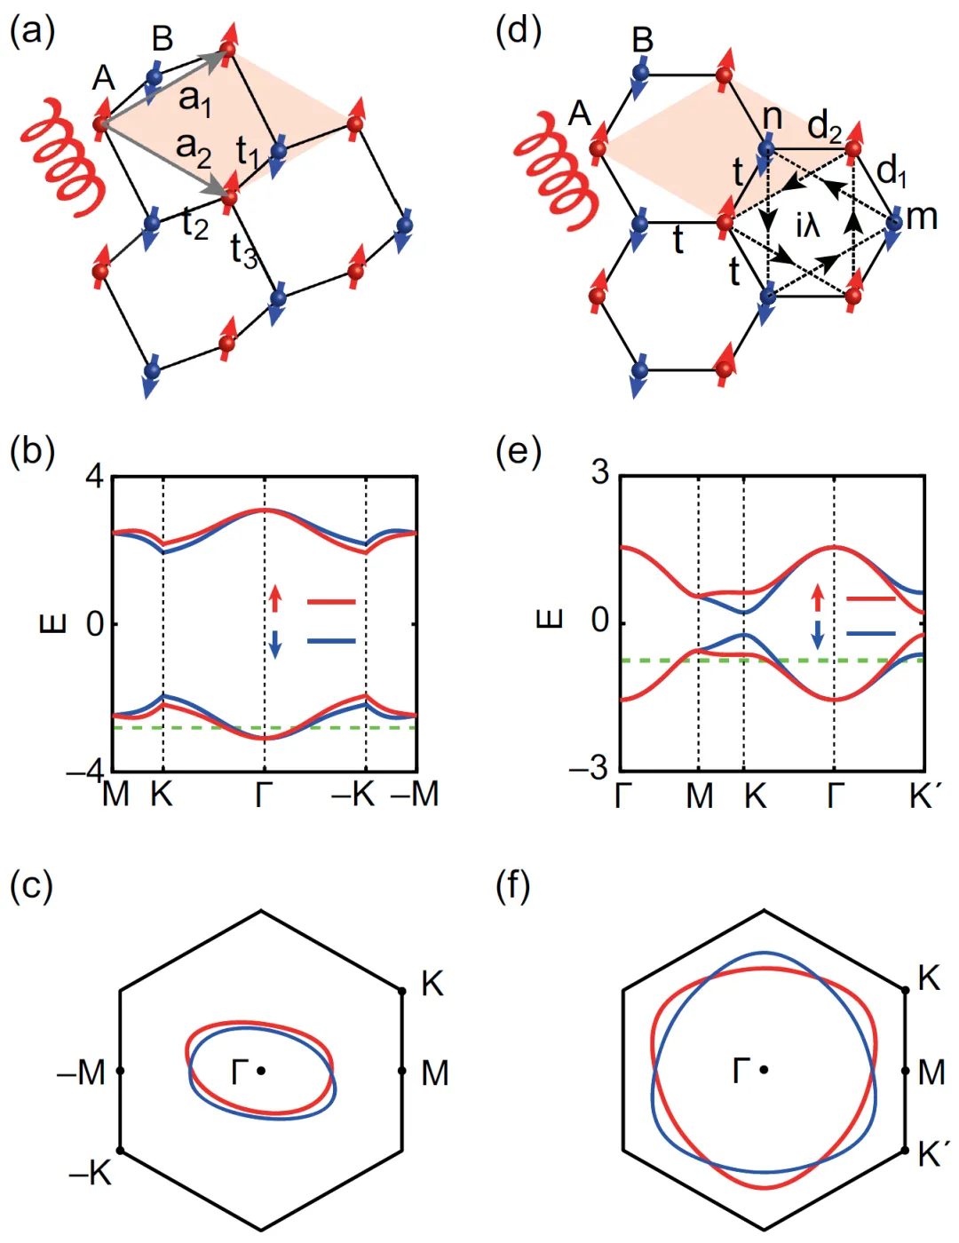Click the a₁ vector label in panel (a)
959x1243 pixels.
(194, 99)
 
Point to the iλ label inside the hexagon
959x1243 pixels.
(807, 226)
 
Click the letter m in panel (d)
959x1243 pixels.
(923, 216)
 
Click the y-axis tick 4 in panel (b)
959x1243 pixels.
(94, 477)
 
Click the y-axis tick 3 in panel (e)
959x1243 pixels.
(601, 471)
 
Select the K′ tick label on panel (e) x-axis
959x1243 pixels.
(923, 796)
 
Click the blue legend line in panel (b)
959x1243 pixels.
(331, 641)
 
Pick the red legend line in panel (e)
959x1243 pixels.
(871, 599)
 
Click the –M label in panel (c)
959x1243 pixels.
(82, 1073)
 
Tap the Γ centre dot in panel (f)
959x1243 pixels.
(764, 1070)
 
